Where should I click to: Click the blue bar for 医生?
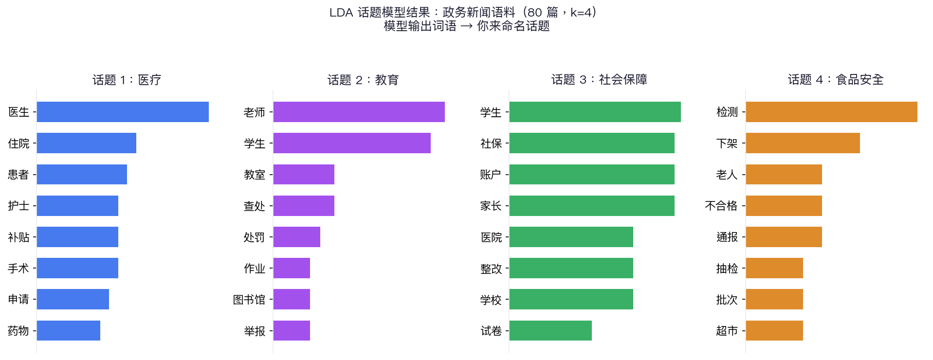coord(123,112)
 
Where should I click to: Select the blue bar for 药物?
coord(69,331)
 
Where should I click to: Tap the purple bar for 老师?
coord(359,112)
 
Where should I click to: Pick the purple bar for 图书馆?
coord(292,299)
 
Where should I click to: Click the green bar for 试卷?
coord(550,331)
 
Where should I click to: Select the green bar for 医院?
coord(571,237)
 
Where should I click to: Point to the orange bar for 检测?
coord(831,112)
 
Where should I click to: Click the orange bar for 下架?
coord(803,143)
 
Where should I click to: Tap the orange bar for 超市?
coord(774,331)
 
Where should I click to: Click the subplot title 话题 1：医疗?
coord(127,80)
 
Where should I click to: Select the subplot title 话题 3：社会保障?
coord(599,79)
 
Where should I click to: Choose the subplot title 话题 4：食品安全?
coord(836,79)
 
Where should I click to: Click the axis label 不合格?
coord(721,206)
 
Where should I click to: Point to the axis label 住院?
coord(19,144)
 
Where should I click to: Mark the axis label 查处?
coord(255,206)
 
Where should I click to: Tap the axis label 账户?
coord(491,175)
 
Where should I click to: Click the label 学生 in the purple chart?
coord(255,144)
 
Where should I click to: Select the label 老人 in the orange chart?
coord(727,175)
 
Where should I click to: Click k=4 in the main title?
coord(582,12)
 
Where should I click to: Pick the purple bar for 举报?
coord(292,331)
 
